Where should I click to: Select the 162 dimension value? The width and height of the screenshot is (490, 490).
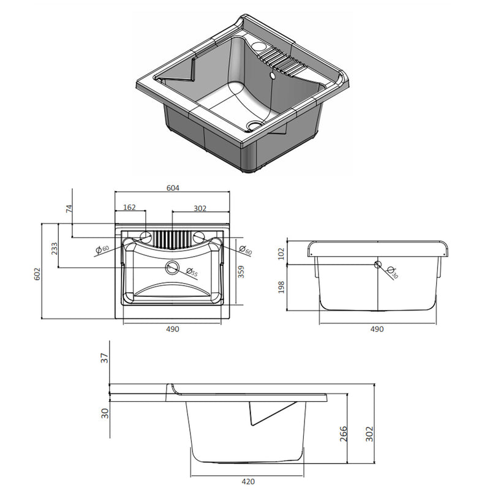point(130,208)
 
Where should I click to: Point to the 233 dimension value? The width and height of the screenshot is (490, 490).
point(55,249)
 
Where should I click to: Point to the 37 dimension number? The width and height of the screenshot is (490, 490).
point(104,360)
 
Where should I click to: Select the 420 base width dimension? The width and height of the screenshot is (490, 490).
point(247,481)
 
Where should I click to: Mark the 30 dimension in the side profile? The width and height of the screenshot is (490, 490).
point(104,413)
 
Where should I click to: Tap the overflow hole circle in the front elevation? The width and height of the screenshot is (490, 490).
point(378,265)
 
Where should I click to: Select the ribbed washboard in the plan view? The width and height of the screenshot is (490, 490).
point(172,238)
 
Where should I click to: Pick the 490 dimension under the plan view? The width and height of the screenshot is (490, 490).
point(172,329)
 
